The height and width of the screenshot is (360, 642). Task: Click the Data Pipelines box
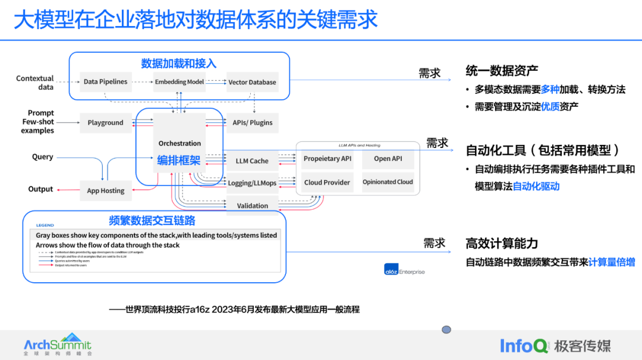[x=105, y=81]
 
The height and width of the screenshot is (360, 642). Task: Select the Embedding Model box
[x=179, y=81]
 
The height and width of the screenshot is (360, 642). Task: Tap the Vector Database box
[x=252, y=82]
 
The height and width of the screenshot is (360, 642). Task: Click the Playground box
[x=105, y=122]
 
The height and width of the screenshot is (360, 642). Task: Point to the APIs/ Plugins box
[x=253, y=122]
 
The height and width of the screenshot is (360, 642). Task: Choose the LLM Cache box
[x=252, y=160]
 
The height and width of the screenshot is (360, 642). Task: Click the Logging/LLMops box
[x=252, y=183]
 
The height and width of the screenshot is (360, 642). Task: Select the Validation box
[x=252, y=206]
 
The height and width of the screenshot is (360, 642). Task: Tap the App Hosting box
[x=105, y=191]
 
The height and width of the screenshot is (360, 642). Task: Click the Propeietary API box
[x=327, y=159]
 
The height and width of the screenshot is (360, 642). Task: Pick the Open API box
[x=388, y=159]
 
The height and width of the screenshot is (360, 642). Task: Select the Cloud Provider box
[x=327, y=182]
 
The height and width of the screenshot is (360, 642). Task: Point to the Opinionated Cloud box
[x=388, y=182]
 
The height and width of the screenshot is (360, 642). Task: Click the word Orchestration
[x=180, y=143]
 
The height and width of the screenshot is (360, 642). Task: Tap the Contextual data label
[x=35, y=83]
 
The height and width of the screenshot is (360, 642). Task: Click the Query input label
[x=43, y=157]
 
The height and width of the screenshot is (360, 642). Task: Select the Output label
[x=41, y=189]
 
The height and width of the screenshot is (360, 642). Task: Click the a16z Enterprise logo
[x=404, y=271]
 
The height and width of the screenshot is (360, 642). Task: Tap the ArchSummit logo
[x=57, y=344]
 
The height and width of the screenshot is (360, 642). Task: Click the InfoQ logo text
[x=524, y=346]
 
